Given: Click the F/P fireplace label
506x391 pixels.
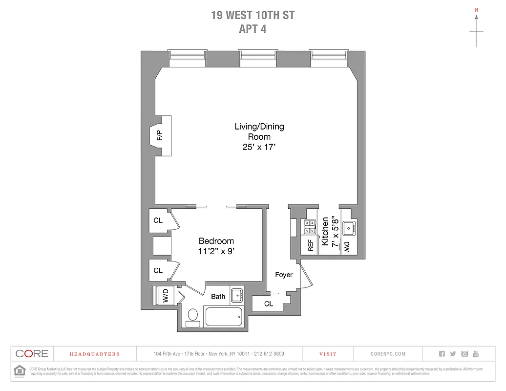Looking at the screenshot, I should (x=159, y=136).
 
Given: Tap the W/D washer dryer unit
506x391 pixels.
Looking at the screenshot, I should (x=165, y=295).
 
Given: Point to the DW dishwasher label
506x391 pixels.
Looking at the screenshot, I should (x=347, y=247).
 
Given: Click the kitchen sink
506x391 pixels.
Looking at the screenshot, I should (x=349, y=228).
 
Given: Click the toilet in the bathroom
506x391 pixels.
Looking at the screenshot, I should (x=193, y=315).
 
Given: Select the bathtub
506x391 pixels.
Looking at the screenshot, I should (x=224, y=317).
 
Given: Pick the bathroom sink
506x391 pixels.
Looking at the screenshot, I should (x=237, y=295).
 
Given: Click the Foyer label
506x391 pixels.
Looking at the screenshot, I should (x=284, y=275).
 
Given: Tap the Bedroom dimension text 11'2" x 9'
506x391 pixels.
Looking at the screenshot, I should (x=216, y=252).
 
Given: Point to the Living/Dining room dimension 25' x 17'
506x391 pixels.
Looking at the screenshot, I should (x=259, y=147).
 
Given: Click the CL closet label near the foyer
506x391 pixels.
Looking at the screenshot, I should (x=269, y=304).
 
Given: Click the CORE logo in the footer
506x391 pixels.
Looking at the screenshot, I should (x=32, y=354).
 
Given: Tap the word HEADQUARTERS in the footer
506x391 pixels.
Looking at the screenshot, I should (x=94, y=354).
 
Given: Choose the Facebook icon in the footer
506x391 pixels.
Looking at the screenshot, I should (x=442, y=354).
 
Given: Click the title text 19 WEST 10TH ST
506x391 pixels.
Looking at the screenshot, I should (x=253, y=15).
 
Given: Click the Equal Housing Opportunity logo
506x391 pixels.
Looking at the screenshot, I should (x=20, y=371).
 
